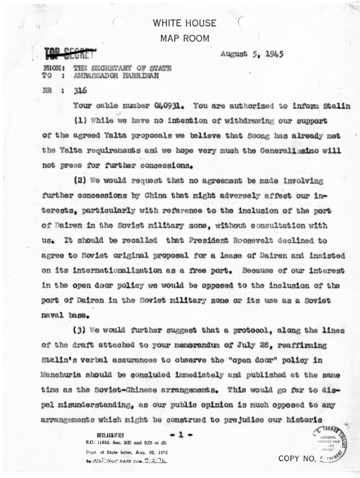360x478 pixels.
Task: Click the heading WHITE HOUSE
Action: tap(184, 24)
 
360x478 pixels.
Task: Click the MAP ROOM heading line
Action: tap(184, 39)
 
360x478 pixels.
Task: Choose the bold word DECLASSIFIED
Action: tap(110, 436)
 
